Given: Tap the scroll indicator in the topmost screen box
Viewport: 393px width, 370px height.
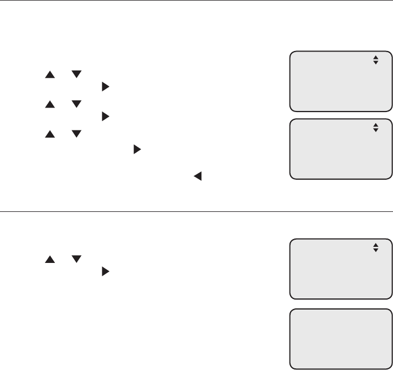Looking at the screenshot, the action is (x=375, y=60).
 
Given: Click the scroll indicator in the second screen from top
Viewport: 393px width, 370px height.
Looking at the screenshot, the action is (x=375, y=128).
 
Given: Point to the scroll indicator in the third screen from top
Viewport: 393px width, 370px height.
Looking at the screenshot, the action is (x=375, y=247).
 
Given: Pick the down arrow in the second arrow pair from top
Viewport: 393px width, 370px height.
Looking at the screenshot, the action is (x=76, y=104).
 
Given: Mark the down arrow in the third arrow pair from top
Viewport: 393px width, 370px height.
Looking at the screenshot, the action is (x=76, y=134).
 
